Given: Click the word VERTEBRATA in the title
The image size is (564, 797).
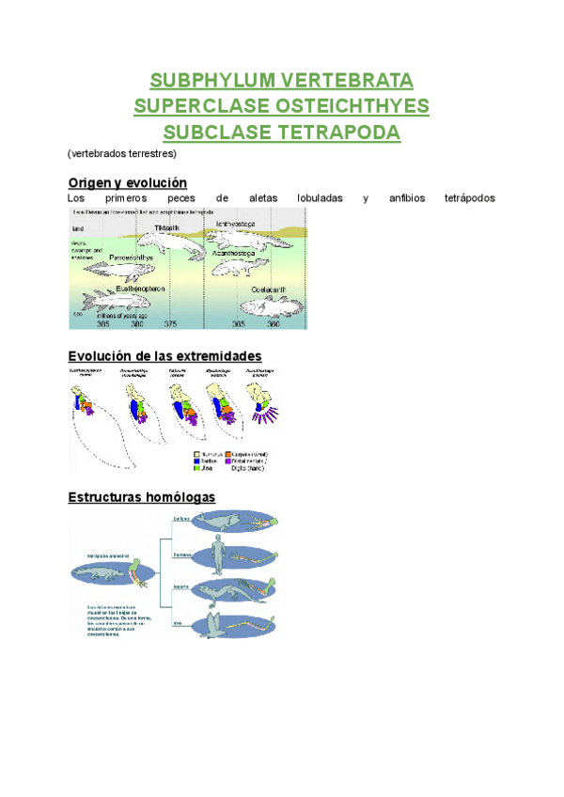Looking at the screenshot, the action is [x=348, y=79].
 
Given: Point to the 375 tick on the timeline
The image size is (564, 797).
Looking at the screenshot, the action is [x=170, y=324].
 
